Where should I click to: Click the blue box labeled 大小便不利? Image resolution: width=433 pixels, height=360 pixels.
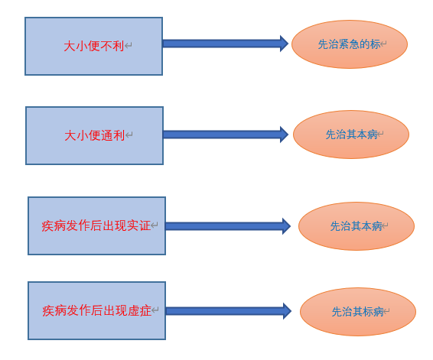tap(93, 46)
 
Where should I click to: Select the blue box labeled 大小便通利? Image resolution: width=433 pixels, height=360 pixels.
tap(94, 135)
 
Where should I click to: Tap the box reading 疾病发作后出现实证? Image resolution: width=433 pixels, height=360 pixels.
tap(96, 225)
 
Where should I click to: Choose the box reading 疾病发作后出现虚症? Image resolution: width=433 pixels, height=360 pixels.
tap(96, 310)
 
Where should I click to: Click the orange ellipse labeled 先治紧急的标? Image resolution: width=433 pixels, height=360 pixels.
tap(350, 44)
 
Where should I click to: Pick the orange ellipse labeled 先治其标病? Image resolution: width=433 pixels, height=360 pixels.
tap(358, 312)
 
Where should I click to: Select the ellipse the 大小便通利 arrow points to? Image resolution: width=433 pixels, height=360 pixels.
tap(351, 135)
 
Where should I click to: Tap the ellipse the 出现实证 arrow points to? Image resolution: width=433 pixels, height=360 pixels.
tap(356, 226)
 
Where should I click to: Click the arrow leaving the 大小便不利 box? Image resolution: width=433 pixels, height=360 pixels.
tap(226, 44)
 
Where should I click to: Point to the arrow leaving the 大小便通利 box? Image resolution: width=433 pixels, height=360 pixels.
tap(226, 135)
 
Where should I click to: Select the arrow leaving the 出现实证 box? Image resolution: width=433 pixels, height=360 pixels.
tap(228, 226)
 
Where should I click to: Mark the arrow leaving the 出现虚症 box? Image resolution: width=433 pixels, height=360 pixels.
tap(229, 311)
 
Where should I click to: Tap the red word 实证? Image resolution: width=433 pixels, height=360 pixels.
tap(138, 225)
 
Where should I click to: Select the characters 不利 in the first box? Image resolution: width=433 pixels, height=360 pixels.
tap(112, 46)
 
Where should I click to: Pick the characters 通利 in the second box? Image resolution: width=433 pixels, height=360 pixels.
tap(113, 135)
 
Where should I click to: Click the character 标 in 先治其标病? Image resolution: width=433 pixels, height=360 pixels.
tap(368, 312)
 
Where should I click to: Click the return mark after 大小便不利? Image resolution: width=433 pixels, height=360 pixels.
tap(128, 45)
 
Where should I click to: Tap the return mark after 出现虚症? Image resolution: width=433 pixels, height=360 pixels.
tap(155, 310)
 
